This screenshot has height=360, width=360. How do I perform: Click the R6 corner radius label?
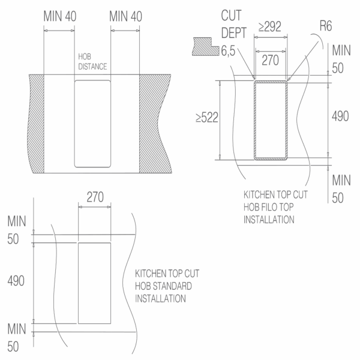326,26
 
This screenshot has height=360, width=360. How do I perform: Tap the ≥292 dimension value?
270,26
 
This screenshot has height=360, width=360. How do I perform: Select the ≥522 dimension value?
206,118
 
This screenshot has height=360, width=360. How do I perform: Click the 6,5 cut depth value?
228,51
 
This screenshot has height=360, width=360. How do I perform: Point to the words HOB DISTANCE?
92,62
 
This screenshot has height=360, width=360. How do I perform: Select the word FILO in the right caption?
269,207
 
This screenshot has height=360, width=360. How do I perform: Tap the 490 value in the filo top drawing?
340,116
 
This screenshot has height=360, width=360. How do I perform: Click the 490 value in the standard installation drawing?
16,281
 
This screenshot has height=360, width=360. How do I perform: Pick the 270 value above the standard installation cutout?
95,197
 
